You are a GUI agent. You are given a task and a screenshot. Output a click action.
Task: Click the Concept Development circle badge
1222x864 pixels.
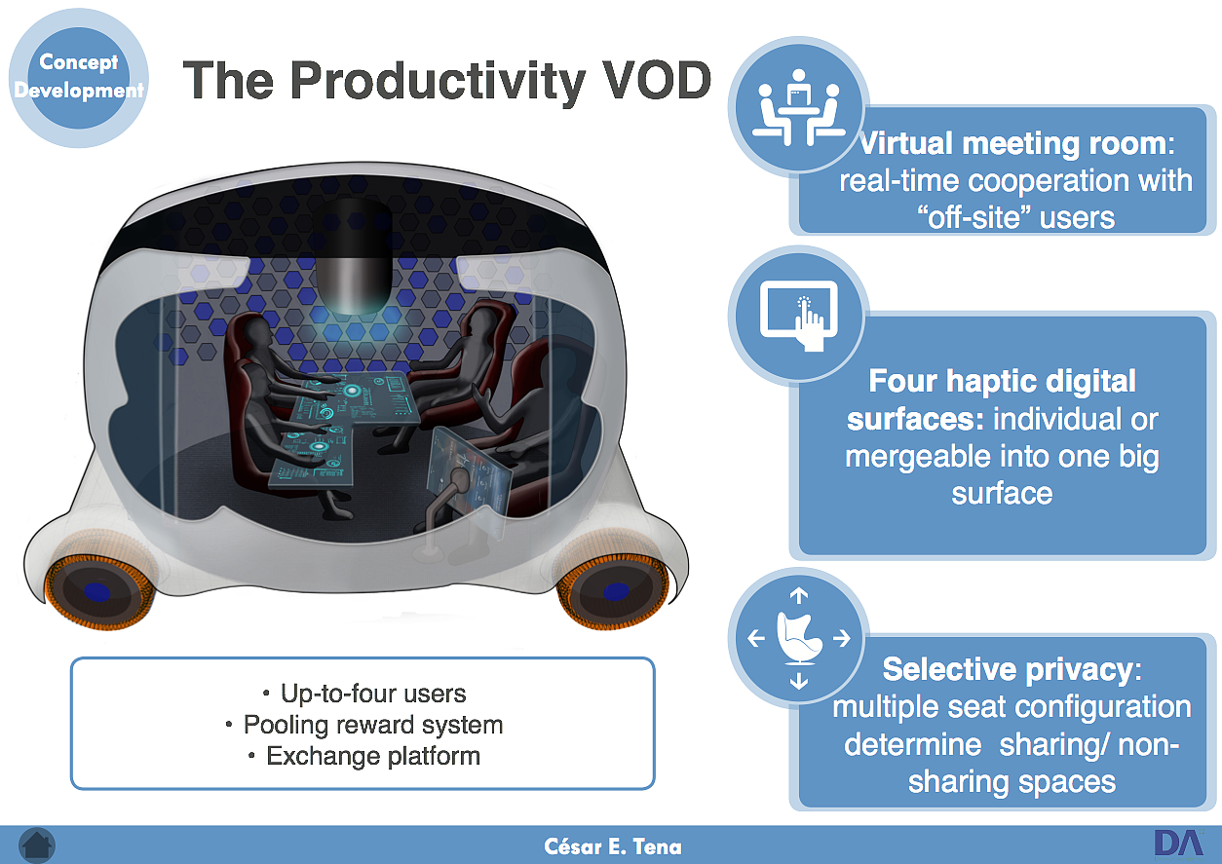(x=79, y=77)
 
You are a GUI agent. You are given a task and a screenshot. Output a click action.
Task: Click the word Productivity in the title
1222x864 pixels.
(x=437, y=80)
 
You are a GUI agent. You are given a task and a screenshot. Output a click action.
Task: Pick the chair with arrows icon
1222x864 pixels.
(x=798, y=638)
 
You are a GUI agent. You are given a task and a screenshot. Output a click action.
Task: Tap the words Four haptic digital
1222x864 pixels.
(x=1003, y=381)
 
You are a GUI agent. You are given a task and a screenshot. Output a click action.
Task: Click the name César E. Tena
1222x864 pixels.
(x=612, y=846)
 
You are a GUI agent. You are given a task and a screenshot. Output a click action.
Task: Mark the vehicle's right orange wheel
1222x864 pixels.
(x=612, y=591)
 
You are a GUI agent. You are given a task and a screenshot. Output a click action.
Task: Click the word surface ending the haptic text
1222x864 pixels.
(x=1003, y=493)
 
